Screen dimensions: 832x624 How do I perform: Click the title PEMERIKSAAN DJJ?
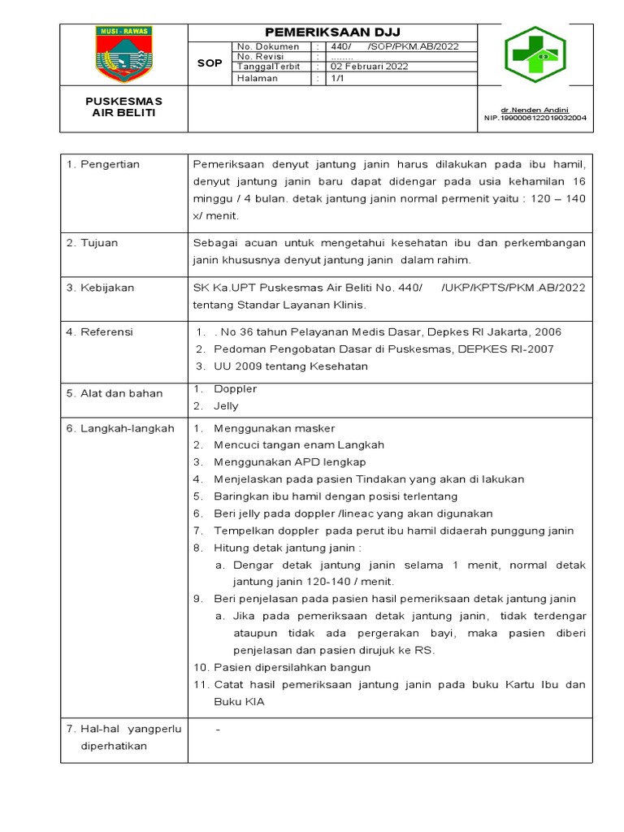pos(331,32)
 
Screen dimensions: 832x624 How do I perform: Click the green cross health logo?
pos(535,55)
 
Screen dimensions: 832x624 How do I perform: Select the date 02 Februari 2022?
pos(365,67)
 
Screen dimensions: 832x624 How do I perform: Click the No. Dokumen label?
pos(268,46)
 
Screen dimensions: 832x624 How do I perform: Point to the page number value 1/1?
pos(337,79)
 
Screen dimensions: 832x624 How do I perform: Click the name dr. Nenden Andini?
pos(534,110)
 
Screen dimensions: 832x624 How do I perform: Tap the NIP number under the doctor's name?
pos(534,118)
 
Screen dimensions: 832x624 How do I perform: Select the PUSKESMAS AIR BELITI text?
pos(124,107)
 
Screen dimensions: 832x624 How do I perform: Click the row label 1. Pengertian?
pos(103,164)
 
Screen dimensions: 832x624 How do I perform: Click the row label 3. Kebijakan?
pos(101,288)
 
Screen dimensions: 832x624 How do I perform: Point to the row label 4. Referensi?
pos(100,332)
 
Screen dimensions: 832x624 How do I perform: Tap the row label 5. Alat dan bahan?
pos(115,393)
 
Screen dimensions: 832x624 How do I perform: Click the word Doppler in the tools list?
pos(235,389)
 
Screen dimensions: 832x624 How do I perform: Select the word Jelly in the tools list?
pos(226,406)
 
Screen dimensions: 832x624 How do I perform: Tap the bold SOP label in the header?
pos(210,63)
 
